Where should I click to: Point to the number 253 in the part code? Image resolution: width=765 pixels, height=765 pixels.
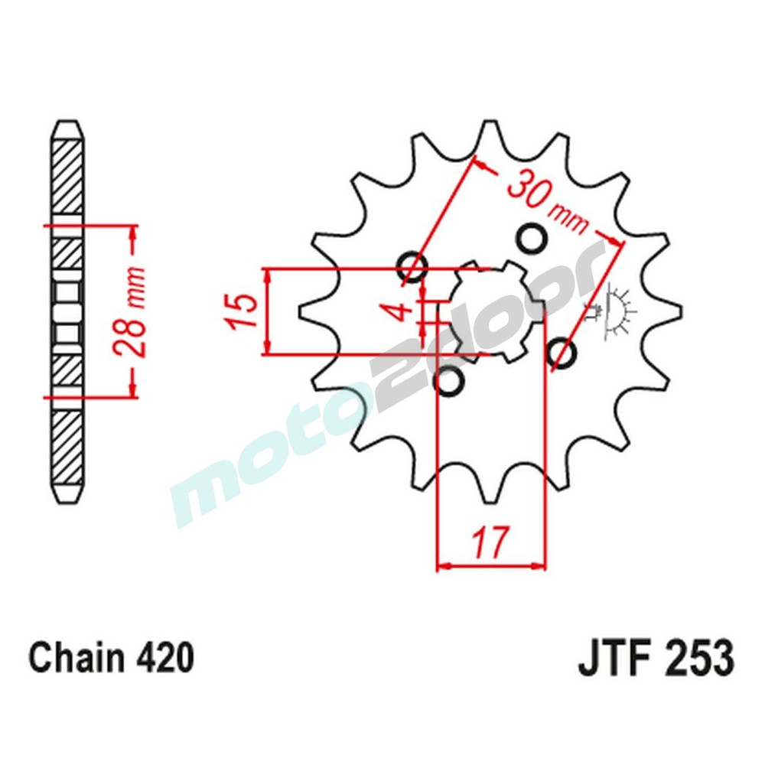click(698, 659)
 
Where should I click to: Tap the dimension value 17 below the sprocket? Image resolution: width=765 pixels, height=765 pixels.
click(490, 542)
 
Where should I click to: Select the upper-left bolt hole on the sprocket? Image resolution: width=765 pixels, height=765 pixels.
click(412, 265)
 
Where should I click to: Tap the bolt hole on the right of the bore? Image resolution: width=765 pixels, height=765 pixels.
click(562, 353)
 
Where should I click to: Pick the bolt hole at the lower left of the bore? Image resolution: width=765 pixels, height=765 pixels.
click(448, 382)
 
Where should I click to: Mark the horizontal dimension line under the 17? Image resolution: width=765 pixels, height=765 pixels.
click(490, 568)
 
